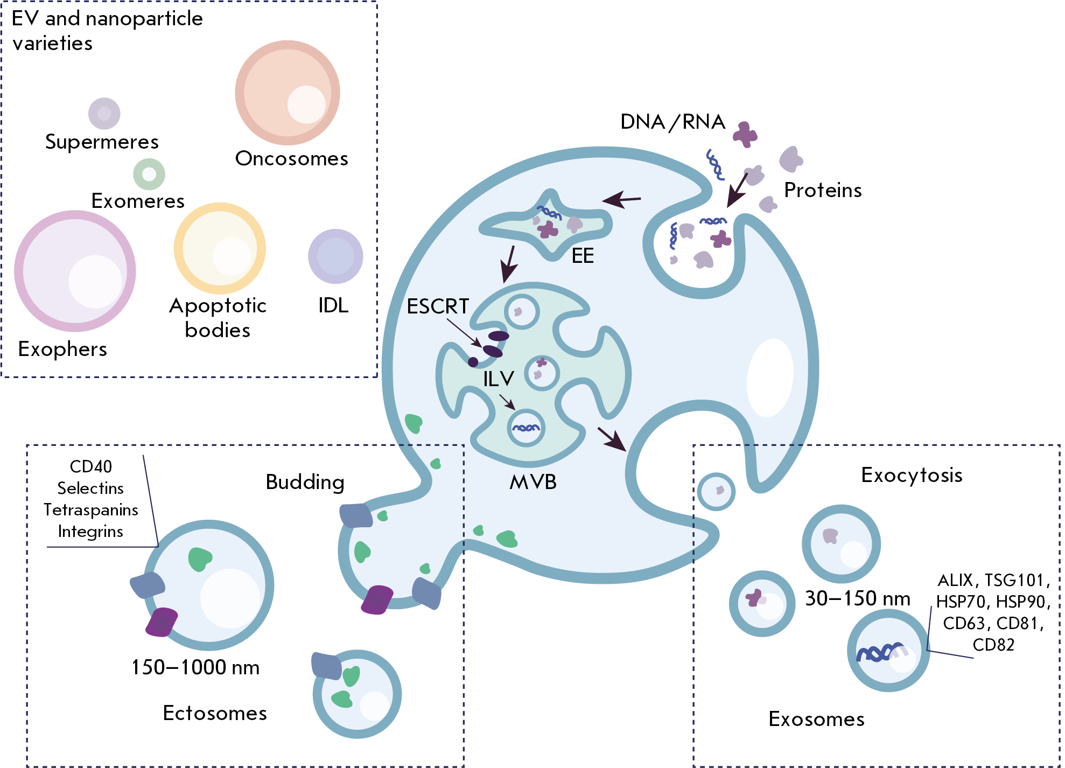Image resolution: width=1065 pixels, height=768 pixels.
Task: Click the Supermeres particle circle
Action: [x=104, y=114]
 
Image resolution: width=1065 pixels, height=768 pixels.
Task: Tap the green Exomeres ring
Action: [x=149, y=174]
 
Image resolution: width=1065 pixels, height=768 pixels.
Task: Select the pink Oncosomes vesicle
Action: [x=288, y=93]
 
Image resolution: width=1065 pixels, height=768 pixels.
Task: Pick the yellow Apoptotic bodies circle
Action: [x=220, y=248]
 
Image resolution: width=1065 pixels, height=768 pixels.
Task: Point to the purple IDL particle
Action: [x=335, y=256]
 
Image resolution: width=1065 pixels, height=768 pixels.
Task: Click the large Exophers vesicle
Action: [x=75, y=271]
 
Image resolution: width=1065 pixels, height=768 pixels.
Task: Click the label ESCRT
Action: [x=438, y=306]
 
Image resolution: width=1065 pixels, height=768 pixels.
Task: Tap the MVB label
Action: [x=533, y=482]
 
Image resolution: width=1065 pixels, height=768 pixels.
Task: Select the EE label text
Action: [x=583, y=256]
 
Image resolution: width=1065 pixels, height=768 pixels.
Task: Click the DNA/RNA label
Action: [x=672, y=122]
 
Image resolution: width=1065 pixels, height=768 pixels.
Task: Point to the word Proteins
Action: [x=823, y=191]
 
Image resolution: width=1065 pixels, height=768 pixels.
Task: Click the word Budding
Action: [x=305, y=482]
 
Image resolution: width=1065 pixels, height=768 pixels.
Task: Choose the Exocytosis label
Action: [x=912, y=475]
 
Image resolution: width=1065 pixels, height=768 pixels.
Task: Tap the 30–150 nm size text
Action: [x=857, y=598]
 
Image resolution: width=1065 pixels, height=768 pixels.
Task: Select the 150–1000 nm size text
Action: [x=195, y=667]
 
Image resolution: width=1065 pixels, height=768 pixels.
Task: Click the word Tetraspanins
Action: [x=90, y=509]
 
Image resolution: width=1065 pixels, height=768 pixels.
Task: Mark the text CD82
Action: [x=993, y=645]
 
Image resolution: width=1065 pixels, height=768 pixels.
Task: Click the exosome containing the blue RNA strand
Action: [x=888, y=651]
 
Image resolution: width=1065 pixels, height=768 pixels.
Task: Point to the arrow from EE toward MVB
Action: [x=508, y=264]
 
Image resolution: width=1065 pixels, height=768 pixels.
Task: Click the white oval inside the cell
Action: [x=770, y=377]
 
